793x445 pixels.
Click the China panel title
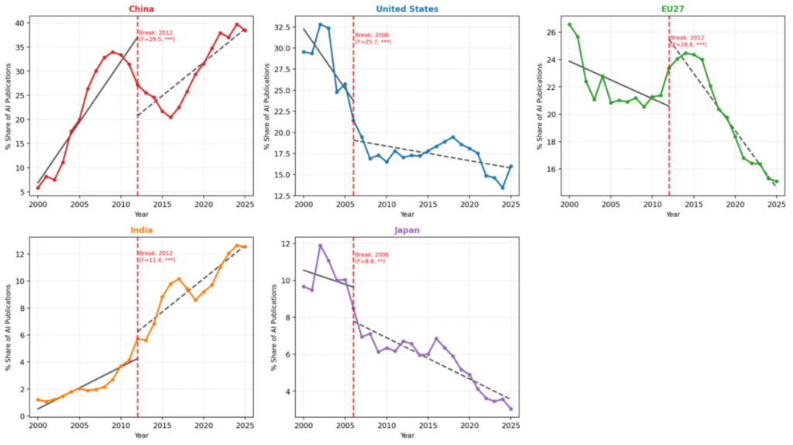point(140,9)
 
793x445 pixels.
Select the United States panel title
point(407,9)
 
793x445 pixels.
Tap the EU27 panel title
point(673,9)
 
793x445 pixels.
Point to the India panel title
point(140,230)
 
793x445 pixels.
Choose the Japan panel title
point(407,230)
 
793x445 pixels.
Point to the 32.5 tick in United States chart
point(283,26)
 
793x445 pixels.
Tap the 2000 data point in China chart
point(38,188)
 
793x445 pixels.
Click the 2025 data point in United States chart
point(511,167)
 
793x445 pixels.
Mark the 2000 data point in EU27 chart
point(570,24)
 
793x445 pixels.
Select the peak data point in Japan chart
point(320,246)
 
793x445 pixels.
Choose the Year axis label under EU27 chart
point(673,214)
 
